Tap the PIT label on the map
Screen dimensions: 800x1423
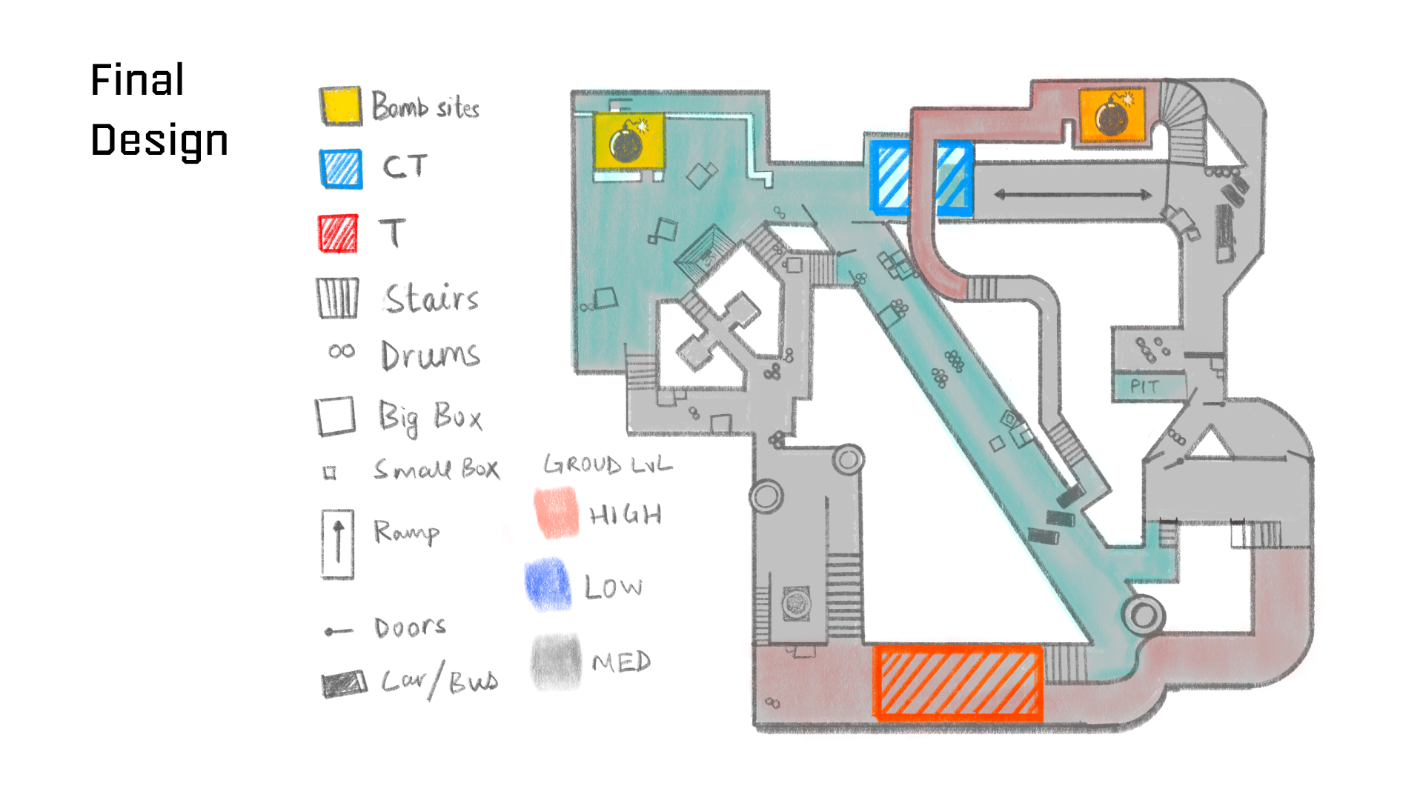click(x=1144, y=387)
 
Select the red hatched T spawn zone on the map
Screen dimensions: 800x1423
click(x=958, y=682)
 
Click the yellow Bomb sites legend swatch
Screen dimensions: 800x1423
click(x=341, y=106)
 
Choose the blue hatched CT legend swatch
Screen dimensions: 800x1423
click(x=341, y=169)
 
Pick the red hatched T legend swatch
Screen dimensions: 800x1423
click(x=339, y=233)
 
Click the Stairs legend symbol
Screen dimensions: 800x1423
click(x=338, y=298)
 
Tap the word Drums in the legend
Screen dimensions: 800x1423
click(x=430, y=356)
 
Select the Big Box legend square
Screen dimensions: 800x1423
click(x=336, y=416)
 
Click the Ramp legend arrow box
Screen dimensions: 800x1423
click(x=338, y=544)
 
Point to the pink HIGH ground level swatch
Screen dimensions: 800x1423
click(x=556, y=512)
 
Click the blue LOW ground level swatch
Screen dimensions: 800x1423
click(x=548, y=584)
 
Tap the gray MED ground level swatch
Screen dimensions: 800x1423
click(x=556, y=661)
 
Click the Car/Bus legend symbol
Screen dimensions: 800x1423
click(x=344, y=684)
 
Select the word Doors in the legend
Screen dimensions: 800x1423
click(x=410, y=628)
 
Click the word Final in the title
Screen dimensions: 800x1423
click(x=137, y=80)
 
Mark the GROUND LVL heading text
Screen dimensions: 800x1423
click(x=608, y=464)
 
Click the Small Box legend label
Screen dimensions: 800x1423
click(x=437, y=469)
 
